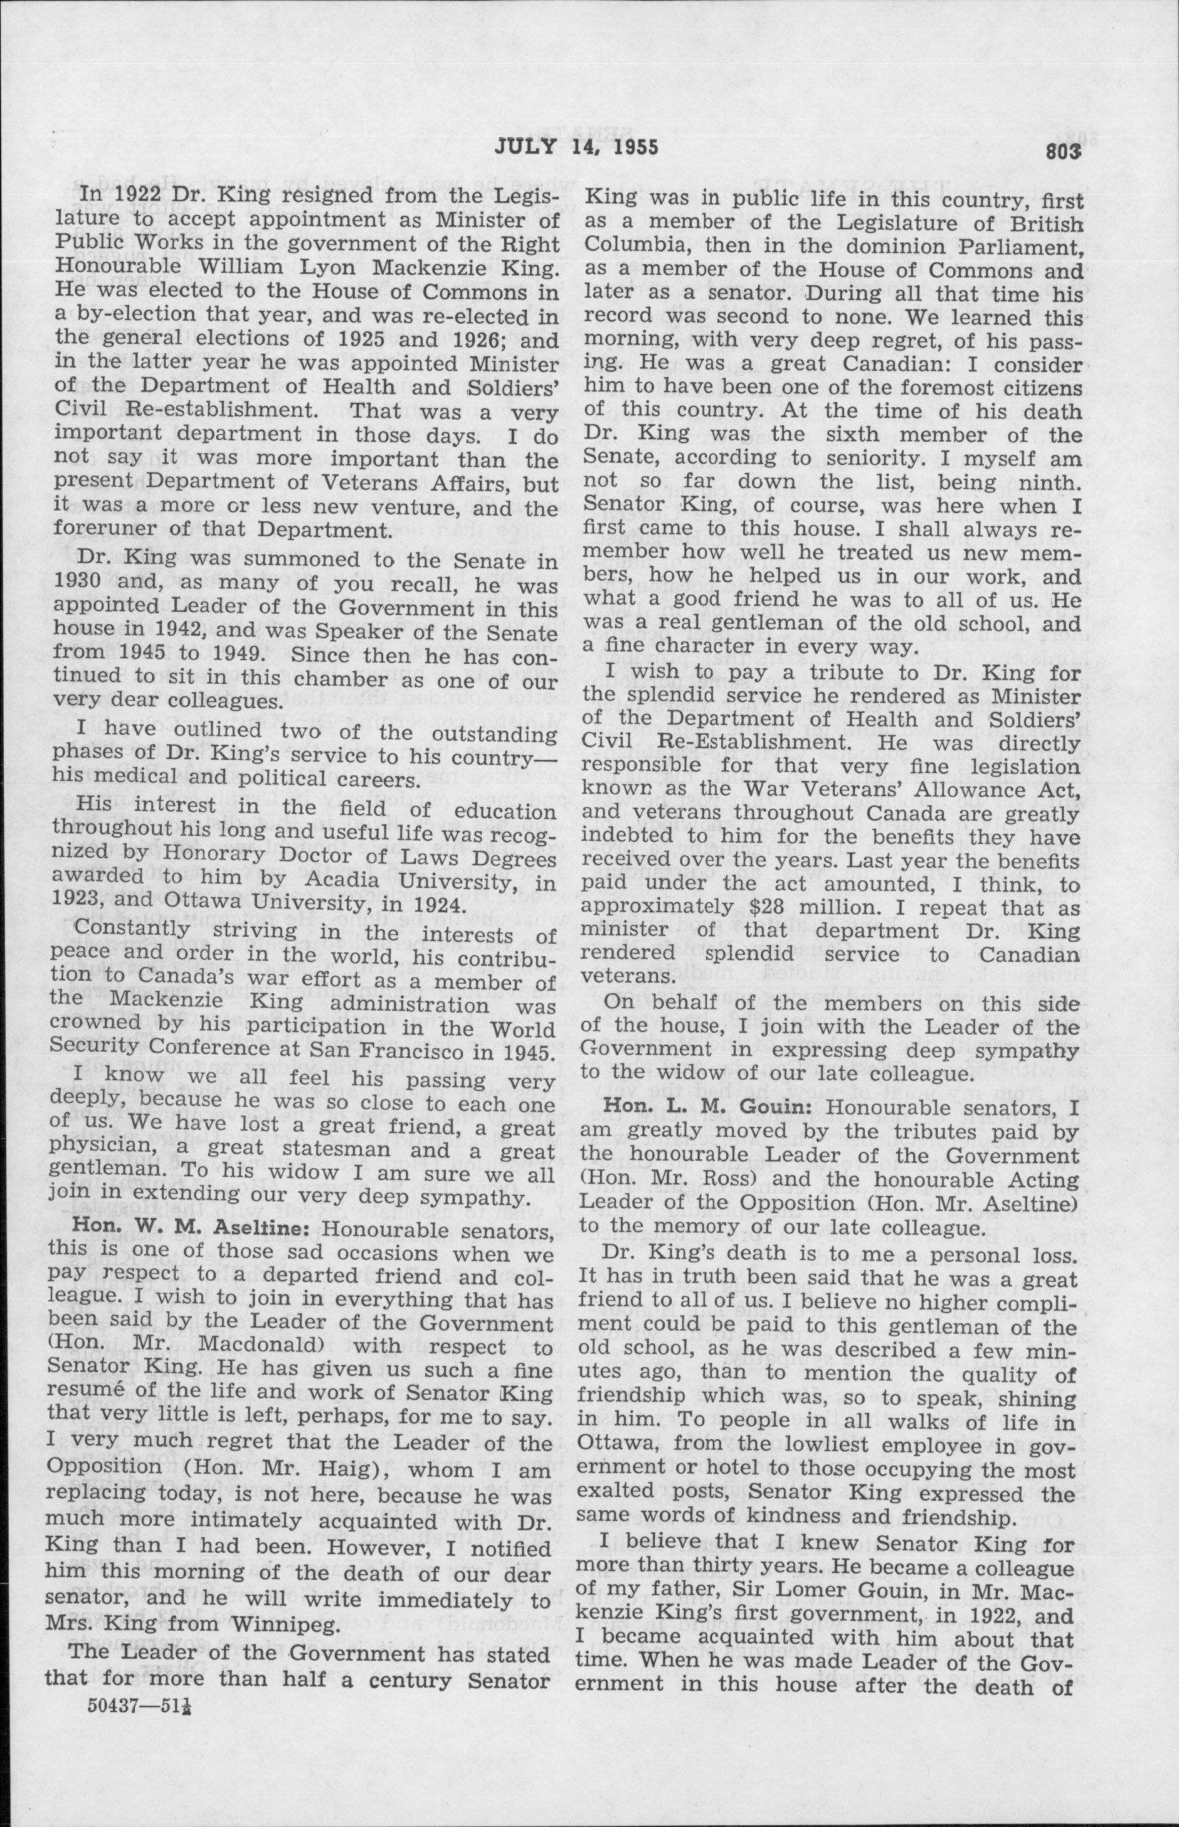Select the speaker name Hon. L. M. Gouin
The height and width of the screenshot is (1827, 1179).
coord(709,1107)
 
